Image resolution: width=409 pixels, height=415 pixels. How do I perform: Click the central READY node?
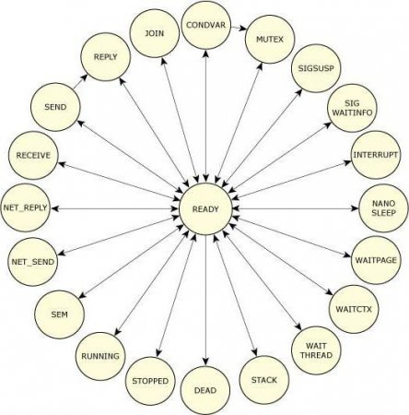(205, 209)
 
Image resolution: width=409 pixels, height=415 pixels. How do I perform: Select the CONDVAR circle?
(205, 24)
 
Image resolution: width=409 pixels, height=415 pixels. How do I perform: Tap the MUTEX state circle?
(270, 39)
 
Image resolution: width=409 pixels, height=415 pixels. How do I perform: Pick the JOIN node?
(154, 33)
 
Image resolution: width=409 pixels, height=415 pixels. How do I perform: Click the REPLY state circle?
(106, 56)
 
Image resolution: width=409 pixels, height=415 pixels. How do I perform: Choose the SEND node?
(55, 107)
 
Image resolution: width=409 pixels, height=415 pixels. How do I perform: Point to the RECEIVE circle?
(33, 155)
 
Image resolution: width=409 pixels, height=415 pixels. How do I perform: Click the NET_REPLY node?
(25, 207)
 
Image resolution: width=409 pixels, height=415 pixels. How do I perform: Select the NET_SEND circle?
(33, 262)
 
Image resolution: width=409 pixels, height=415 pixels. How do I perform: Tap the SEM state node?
(59, 314)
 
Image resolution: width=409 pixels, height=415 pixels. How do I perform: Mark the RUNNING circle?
(100, 356)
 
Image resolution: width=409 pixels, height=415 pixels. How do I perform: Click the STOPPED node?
(150, 381)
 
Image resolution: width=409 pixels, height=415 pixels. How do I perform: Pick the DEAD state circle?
(205, 390)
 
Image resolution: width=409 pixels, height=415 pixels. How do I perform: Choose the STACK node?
(264, 380)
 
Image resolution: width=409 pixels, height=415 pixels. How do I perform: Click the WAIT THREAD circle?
(316, 350)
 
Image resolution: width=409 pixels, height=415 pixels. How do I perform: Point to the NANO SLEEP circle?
(383, 207)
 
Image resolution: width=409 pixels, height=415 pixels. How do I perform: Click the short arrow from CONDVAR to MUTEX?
(239, 28)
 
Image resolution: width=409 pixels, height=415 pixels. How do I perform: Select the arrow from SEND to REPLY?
(80, 82)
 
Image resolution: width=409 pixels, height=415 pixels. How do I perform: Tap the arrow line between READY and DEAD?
(205, 300)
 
